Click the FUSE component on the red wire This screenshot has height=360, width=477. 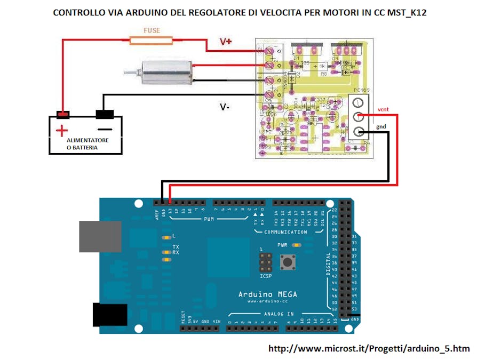[x=151, y=39]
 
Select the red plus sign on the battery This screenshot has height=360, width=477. [x=62, y=130]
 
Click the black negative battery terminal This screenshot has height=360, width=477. [x=105, y=114]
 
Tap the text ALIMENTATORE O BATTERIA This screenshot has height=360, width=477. [x=86, y=143]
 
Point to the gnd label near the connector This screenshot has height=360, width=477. [x=380, y=127]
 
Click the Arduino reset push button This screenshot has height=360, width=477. [x=289, y=262]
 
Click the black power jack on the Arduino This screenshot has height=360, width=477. [x=109, y=315]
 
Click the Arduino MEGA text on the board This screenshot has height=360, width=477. [x=267, y=294]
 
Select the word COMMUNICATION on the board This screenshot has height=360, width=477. [x=285, y=232]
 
